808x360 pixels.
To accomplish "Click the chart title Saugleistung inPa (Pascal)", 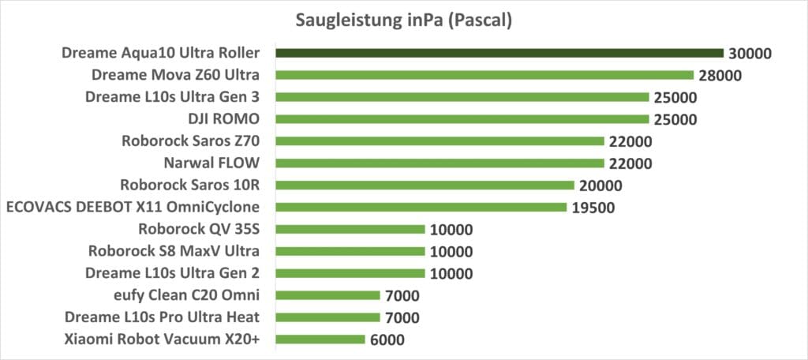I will tap(404, 21).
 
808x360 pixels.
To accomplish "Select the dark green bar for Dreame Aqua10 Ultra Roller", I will tap(499, 53).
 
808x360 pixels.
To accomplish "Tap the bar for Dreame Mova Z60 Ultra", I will tap(484, 75).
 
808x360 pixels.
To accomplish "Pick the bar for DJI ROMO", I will tap(462, 119).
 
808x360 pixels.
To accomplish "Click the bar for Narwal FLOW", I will tap(440, 163).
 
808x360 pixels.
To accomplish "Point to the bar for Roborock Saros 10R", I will tap(425, 186).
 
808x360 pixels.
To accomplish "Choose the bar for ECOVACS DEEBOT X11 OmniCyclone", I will tap(421, 208).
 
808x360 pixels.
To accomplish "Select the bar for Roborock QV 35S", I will tap(350, 230).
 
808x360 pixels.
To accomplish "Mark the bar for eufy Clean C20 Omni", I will tap(327, 296).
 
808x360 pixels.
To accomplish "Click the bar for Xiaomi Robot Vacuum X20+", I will tap(320, 339).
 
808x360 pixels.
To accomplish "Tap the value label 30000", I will tap(751, 54).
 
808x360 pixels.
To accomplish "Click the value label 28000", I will tap(721, 76).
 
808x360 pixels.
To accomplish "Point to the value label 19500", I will tap(593, 208).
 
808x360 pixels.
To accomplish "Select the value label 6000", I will tap(387, 340).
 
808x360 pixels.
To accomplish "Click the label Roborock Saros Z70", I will tap(193, 142).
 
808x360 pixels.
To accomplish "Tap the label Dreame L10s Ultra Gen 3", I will tap(174, 98).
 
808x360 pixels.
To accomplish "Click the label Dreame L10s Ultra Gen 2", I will tap(174, 274).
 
